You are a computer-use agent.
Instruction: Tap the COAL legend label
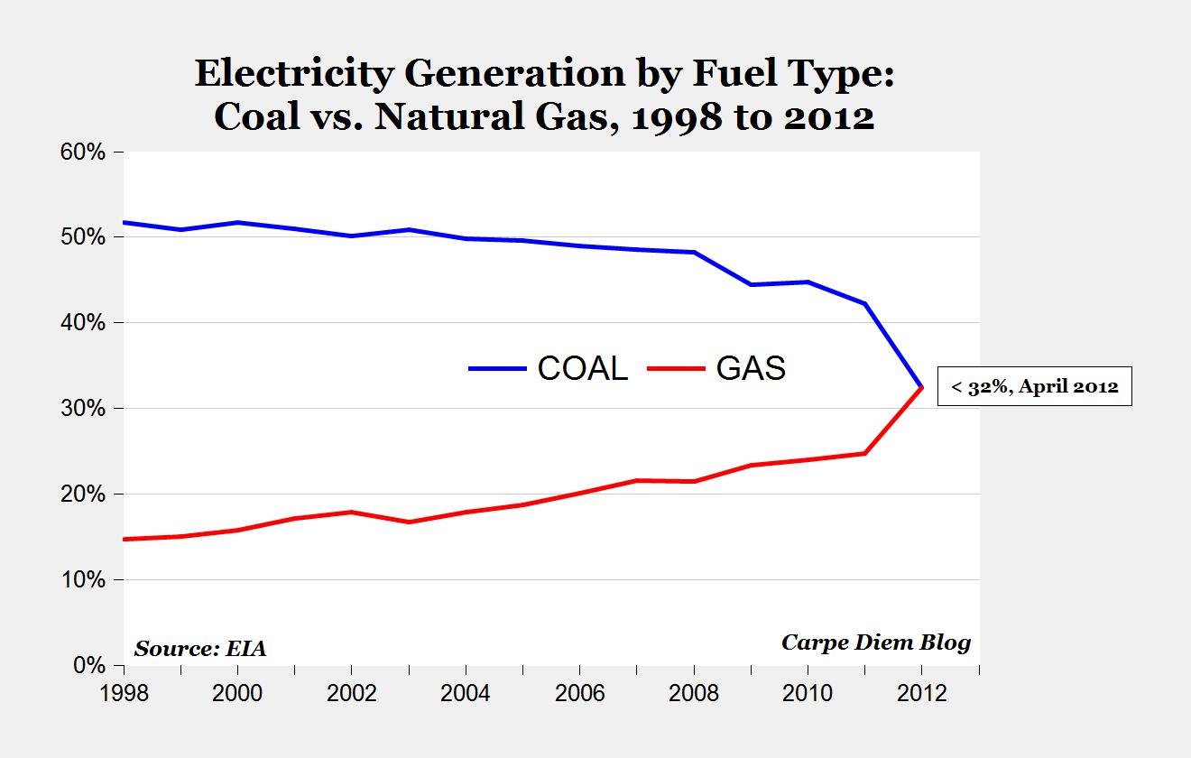click(x=582, y=368)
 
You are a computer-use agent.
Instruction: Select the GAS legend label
click(x=751, y=368)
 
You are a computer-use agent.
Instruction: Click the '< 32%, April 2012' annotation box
click(x=1034, y=386)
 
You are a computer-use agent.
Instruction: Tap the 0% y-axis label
click(x=91, y=666)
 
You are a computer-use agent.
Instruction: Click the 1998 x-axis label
click(x=123, y=694)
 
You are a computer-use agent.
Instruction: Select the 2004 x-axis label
click(x=466, y=694)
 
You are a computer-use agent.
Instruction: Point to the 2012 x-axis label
click(x=922, y=694)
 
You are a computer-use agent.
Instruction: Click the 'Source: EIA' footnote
click(x=200, y=648)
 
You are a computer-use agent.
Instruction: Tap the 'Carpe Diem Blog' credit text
click(x=875, y=642)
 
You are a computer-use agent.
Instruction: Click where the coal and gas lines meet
click(x=921, y=387)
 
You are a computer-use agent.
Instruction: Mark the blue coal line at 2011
click(x=864, y=304)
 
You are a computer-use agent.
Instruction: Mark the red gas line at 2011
click(x=864, y=453)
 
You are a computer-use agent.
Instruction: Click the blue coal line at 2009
click(x=751, y=285)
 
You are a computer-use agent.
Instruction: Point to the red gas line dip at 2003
click(x=409, y=522)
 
